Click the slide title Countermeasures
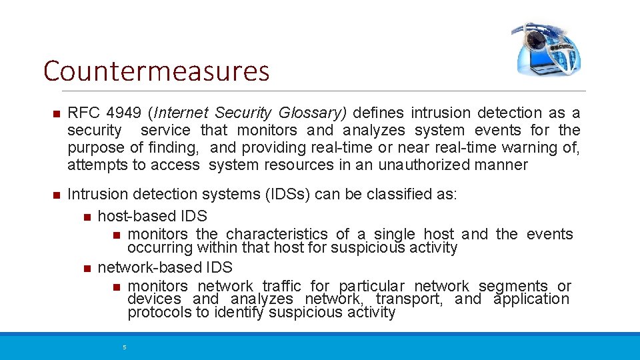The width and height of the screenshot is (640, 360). coord(156,71)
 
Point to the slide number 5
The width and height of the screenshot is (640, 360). coord(124,347)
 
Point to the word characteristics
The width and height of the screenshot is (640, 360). coord(277,234)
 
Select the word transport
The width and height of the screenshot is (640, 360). coord(409,299)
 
